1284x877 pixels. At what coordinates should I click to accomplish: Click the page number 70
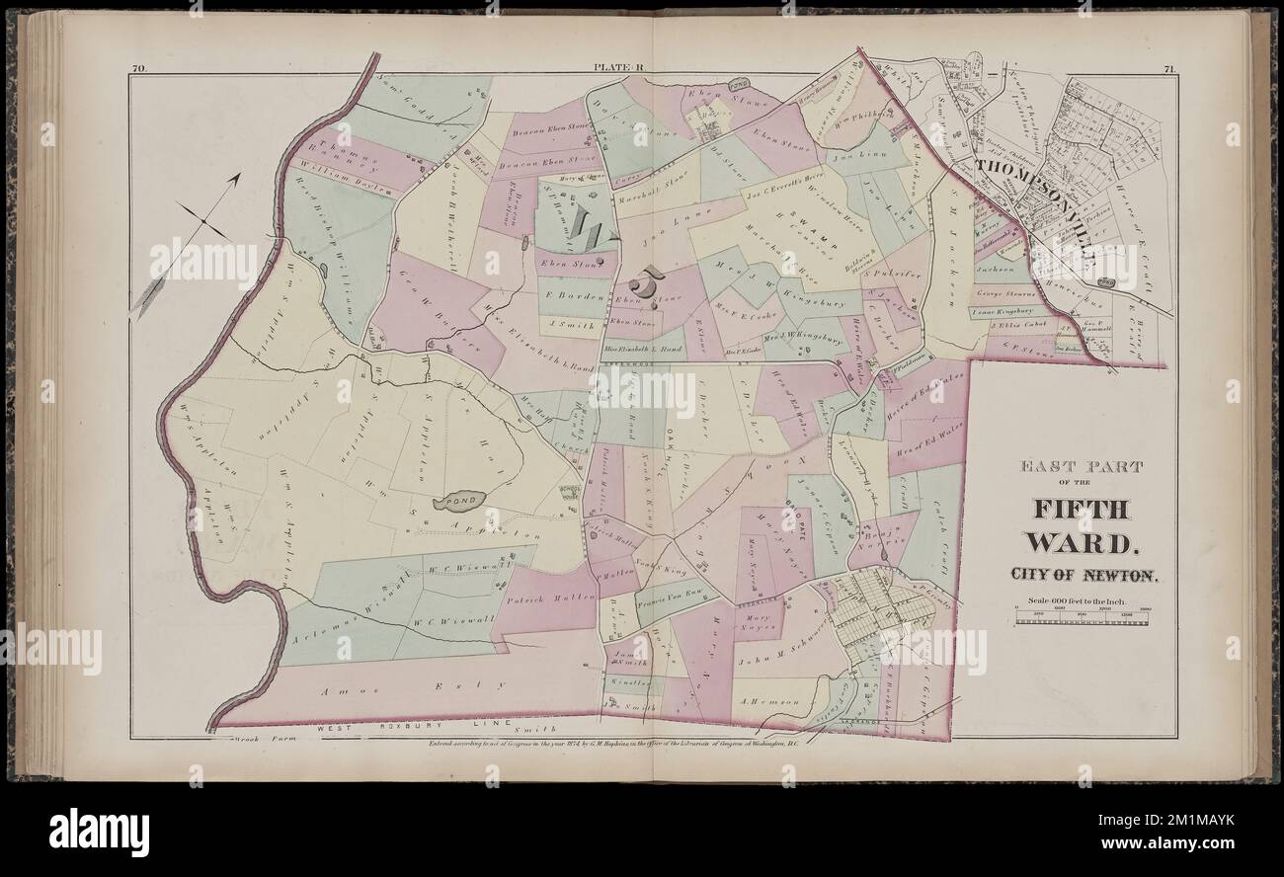click(139, 69)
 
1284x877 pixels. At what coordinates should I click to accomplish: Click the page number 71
click(1167, 69)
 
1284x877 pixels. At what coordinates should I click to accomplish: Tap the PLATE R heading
click(619, 69)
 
